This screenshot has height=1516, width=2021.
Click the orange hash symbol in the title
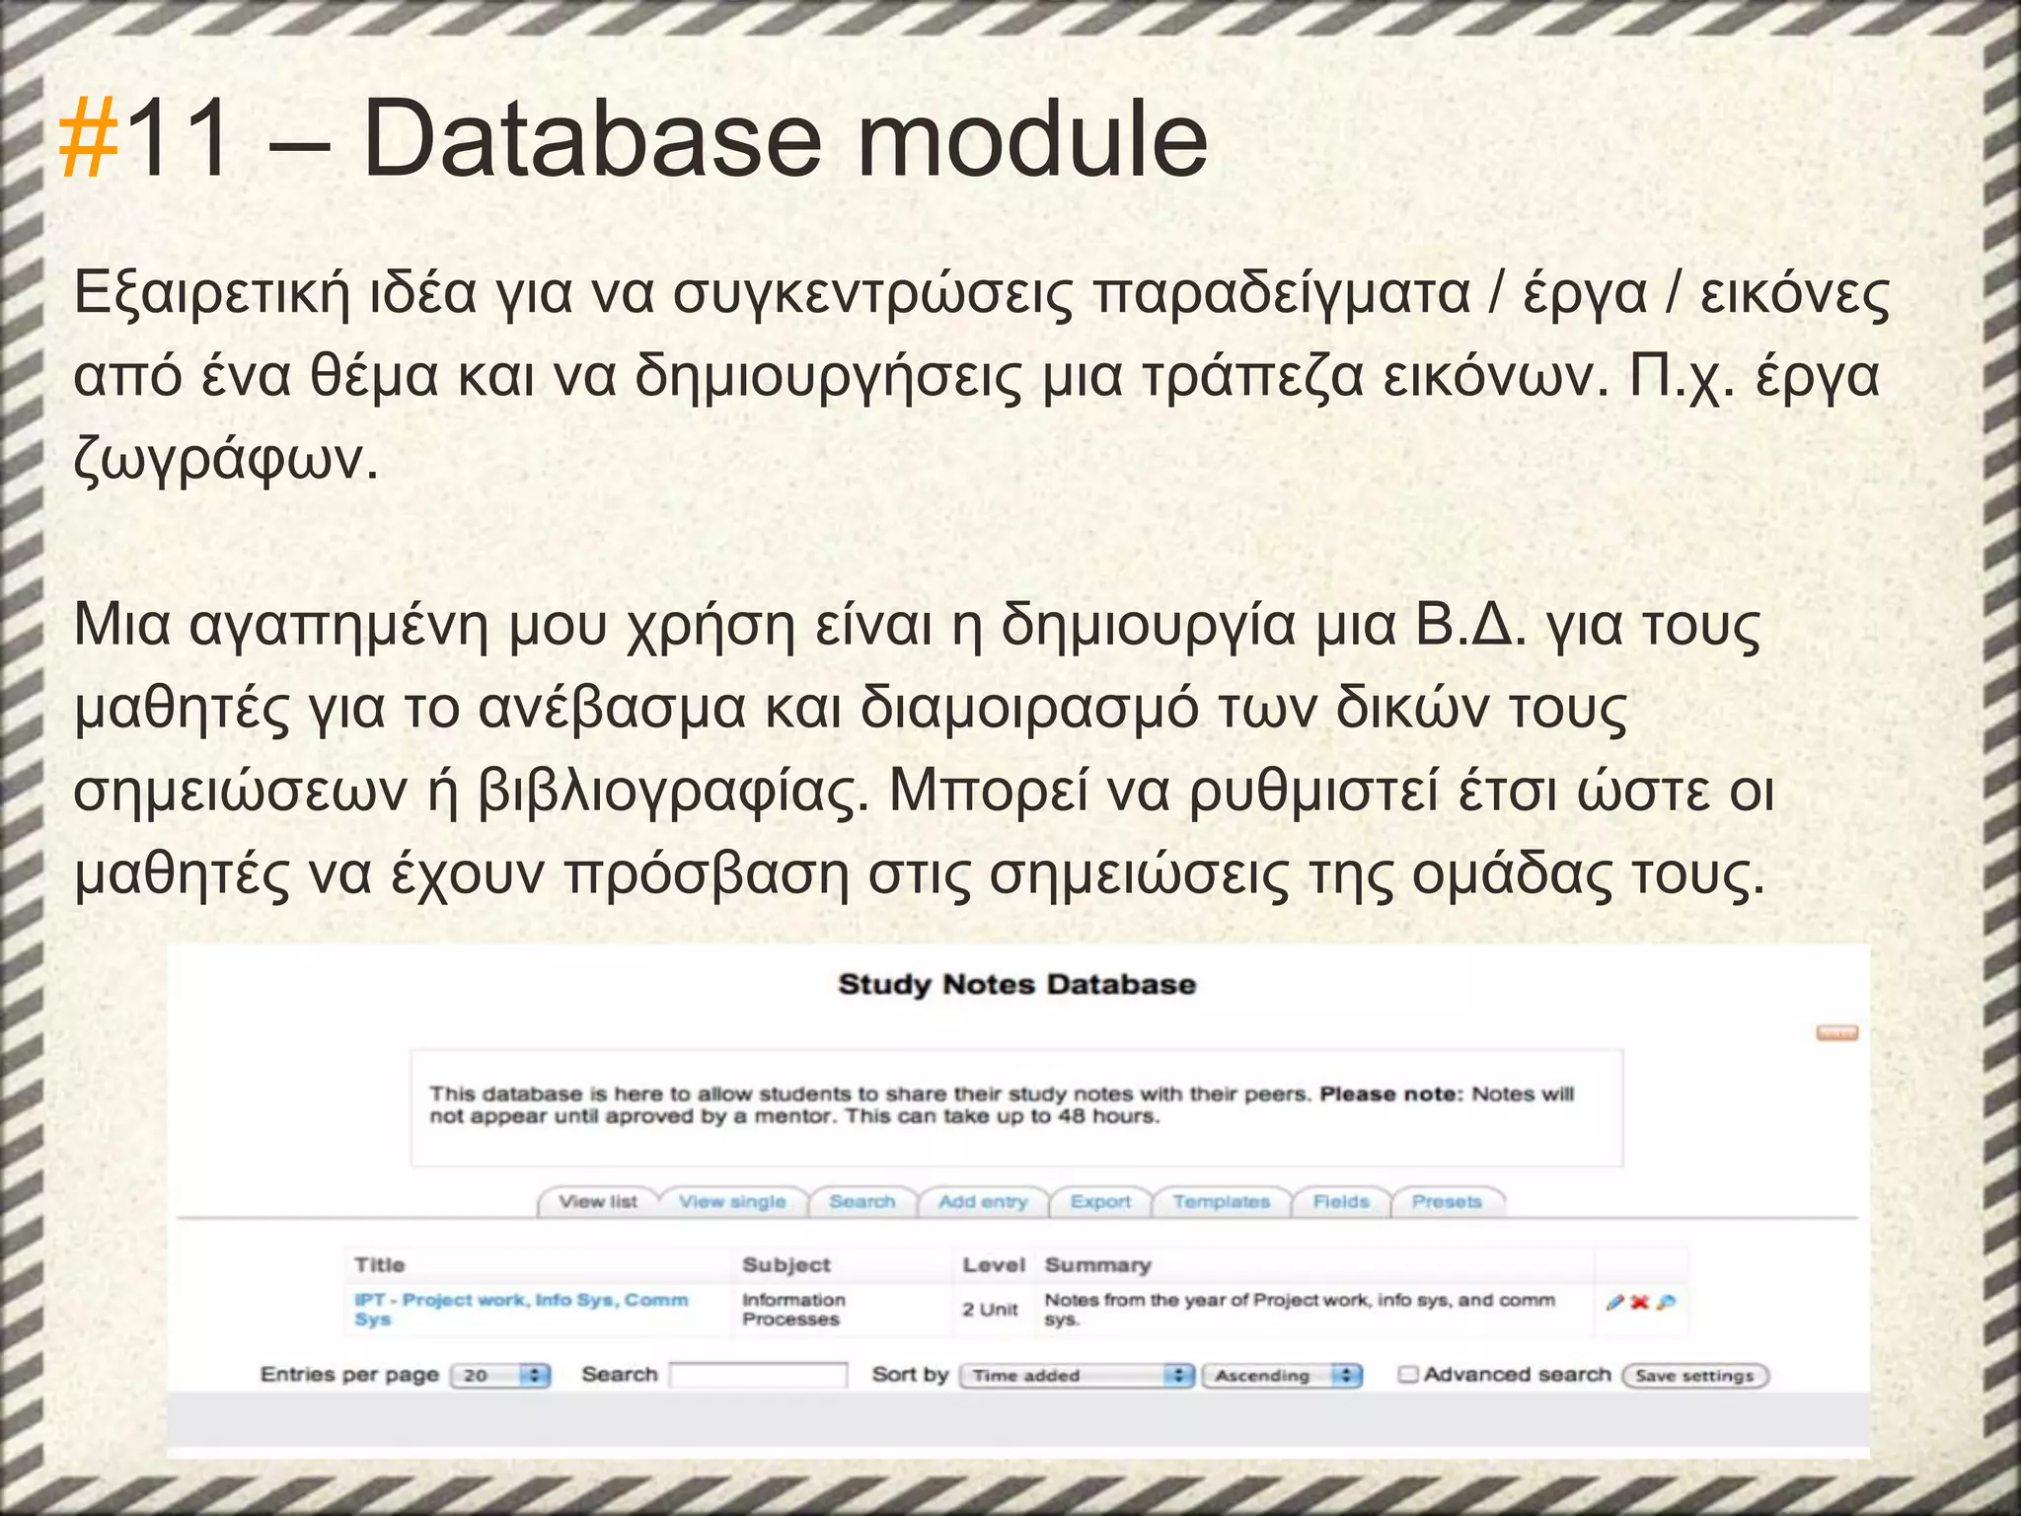pos(89,141)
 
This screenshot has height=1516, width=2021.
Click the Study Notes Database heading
pos(1016,984)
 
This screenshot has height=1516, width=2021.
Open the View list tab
pos(597,1201)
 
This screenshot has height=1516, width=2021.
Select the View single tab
pos(732,1201)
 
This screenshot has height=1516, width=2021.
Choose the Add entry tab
pos(983,1201)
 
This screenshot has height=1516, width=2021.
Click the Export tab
pos(1100,1201)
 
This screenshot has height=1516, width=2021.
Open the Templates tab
pos(1221,1201)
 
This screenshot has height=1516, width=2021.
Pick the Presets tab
pos(1447,1201)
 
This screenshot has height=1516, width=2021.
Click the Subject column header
pos(786,1264)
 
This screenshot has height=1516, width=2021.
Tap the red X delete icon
pos(1639,1303)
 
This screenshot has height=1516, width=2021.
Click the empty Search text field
pos(758,1375)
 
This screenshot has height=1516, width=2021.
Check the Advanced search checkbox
pos(1408,1374)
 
